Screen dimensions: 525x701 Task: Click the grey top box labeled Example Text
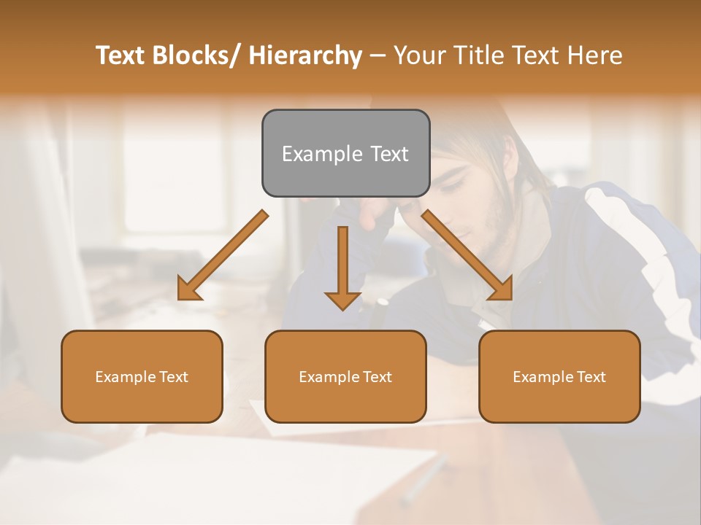(345, 153)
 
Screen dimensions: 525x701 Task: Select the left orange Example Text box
(142, 376)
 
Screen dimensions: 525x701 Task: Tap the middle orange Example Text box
(345, 376)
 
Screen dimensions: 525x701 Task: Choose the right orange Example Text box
(559, 376)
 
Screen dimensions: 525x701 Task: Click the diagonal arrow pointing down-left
(223, 256)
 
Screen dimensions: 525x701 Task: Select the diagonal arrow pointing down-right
(467, 256)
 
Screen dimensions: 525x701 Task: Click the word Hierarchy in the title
(305, 55)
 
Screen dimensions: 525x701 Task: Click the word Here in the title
(597, 55)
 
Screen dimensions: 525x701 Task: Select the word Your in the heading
(418, 55)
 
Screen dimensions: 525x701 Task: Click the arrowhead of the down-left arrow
(188, 289)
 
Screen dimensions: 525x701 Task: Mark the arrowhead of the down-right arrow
(502, 289)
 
